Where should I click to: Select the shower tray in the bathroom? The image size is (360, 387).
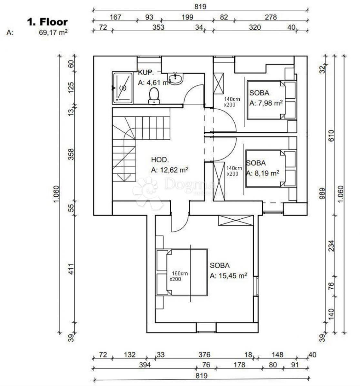point(122,88)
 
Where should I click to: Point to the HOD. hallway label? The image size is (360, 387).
point(160,160)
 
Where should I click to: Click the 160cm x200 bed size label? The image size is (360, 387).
point(179,276)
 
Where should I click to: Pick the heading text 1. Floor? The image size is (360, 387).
point(47,22)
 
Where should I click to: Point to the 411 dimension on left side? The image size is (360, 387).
point(71,269)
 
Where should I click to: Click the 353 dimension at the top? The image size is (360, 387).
point(158,27)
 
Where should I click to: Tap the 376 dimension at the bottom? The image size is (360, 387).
point(204,355)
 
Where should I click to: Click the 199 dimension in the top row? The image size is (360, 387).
point(187,17)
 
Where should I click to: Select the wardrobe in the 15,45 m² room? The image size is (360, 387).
point(236,220)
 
